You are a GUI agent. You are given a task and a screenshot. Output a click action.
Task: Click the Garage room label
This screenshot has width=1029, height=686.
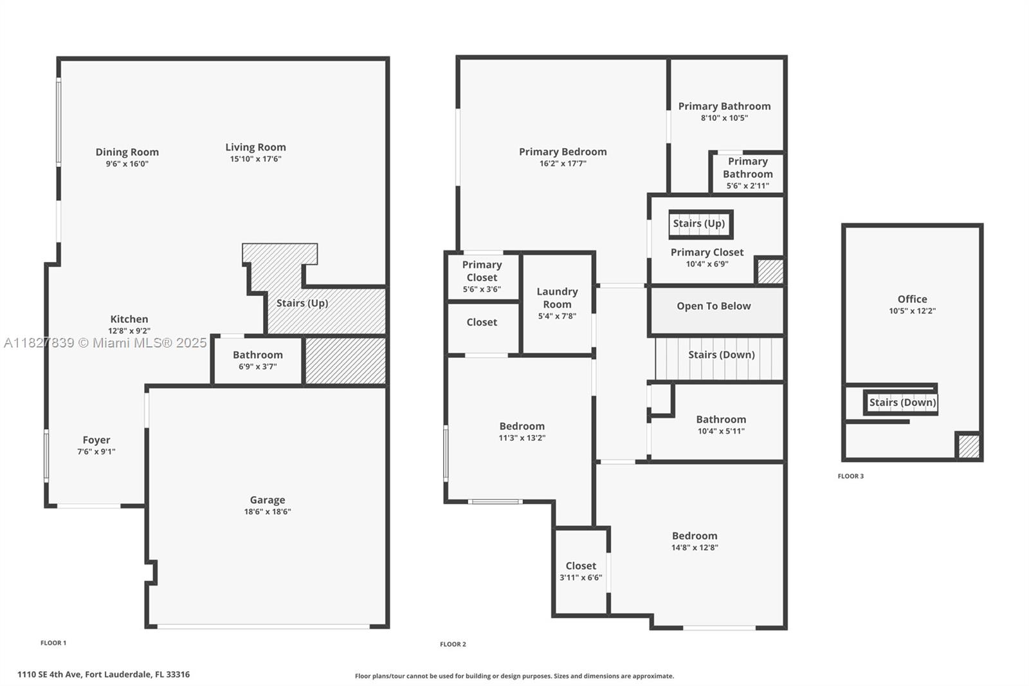[267, 500]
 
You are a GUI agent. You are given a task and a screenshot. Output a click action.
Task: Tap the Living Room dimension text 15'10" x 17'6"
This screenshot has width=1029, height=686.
[255, 159]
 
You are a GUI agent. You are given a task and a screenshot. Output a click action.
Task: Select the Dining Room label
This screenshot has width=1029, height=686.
[127, 152]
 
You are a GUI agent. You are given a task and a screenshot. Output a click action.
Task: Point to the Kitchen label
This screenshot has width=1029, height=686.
[129, 319]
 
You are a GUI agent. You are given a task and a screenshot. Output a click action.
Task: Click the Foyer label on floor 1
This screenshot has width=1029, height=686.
[96, 440]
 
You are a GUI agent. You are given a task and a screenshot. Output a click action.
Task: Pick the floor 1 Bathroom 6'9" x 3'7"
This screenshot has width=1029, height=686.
[257, 360]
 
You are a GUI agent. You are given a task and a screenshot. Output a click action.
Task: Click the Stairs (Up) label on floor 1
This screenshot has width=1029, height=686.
[302, 303]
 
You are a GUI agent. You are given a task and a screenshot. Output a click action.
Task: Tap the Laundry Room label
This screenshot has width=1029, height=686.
[557, 298]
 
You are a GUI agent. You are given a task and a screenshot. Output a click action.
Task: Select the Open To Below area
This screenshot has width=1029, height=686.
[713, 306]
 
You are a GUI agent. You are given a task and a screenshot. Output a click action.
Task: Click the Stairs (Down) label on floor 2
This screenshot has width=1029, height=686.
[721, 355]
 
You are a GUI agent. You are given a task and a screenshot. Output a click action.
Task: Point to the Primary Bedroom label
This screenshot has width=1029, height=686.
[563, 152]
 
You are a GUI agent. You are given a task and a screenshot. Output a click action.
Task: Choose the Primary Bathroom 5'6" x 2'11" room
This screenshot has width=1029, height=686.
[747, 173]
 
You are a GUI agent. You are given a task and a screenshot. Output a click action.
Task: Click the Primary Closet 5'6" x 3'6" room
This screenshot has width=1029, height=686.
[482, 277]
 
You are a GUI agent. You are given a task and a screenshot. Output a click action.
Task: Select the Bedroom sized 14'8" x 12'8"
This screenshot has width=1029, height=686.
[695, 541]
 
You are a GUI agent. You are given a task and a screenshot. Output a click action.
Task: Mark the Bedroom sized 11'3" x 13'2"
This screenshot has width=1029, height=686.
[522, 431]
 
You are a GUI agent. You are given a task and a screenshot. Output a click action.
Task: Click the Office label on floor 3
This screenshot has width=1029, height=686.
[912, 299]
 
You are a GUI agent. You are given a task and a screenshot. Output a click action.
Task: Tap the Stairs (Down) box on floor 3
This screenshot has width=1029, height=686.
[902, 403]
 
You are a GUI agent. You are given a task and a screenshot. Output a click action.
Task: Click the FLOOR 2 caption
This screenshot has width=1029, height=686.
[453, 644]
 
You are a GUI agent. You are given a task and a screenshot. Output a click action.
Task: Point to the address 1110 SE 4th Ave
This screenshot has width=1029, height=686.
[104, 674]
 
